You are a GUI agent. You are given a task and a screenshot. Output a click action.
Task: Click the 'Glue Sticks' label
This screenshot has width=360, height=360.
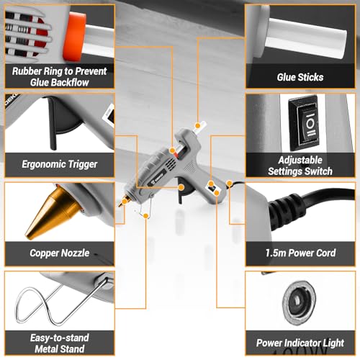300,76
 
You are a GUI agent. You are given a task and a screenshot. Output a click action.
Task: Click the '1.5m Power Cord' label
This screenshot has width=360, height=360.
300,253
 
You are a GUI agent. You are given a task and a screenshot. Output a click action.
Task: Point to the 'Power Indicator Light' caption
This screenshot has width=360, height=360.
300,343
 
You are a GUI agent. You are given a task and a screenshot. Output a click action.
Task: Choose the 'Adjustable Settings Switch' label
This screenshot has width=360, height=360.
300,166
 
